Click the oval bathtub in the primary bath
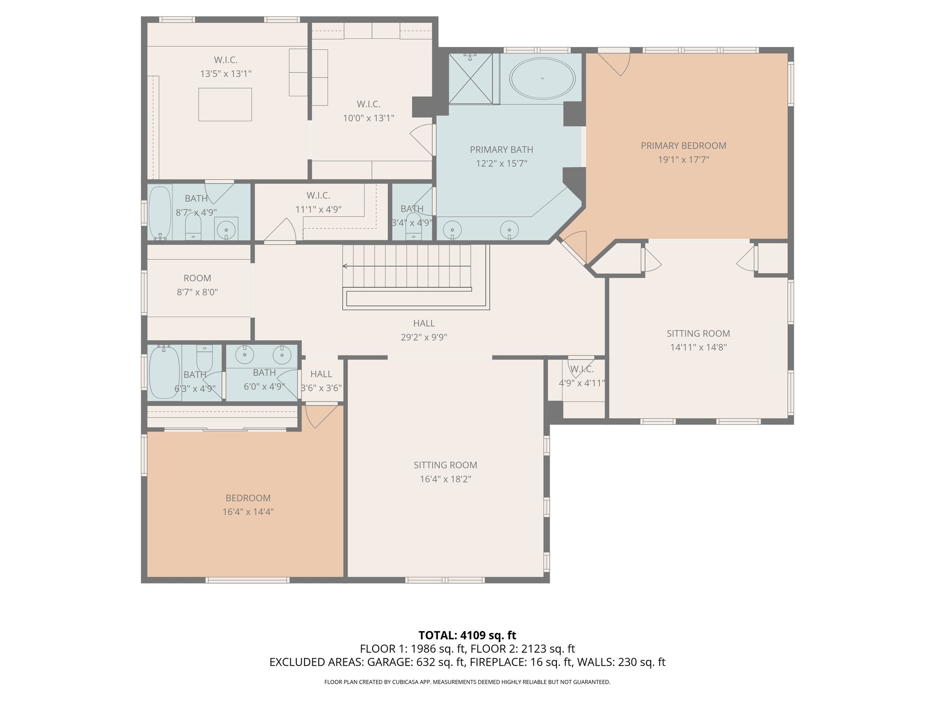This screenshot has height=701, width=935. pyautogui.click(x=542, y=78)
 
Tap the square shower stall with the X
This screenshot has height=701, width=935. pyautogui.click(x=471, y=78)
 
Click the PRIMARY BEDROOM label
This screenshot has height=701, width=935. pyautogui.click(x=683, y=146)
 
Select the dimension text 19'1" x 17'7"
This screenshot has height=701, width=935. pyautogui.click(x=683, y=160)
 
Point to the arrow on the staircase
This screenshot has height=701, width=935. pyautogui.click(x=407, y=266)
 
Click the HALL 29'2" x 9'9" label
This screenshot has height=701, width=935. pyautogui.click(x=424, y=330)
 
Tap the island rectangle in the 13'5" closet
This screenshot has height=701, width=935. pyautogui.click(x=225, y=105)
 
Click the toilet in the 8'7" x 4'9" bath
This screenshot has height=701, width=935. pyautogui.click(x=193, y=226)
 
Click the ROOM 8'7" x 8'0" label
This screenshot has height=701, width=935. pyautogui.click(x=197, y=285)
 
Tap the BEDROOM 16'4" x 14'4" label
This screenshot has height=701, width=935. pyautogui.click(x=248, y=505)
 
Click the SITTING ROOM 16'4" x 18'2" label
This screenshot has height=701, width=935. pyautogui.click(x=446, y=472)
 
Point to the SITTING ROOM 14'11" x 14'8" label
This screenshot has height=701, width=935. pyautogui.click(x=698, y=340)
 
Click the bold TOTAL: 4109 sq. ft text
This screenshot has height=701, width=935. pyautogui.click(x=467, y=635)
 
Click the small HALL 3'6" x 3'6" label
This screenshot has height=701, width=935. pyautogui.click(x=321, y=381)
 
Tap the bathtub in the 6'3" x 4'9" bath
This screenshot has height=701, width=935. pyautogui.click(x=164, y=372)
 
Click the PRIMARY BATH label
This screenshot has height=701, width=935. pyautogui.click(x=501, y=149)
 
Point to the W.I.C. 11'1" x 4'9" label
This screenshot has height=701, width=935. pyautogui.click(x=318, y=202)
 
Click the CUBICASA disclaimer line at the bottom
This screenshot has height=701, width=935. pyautogui.click(x=467, y=682)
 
